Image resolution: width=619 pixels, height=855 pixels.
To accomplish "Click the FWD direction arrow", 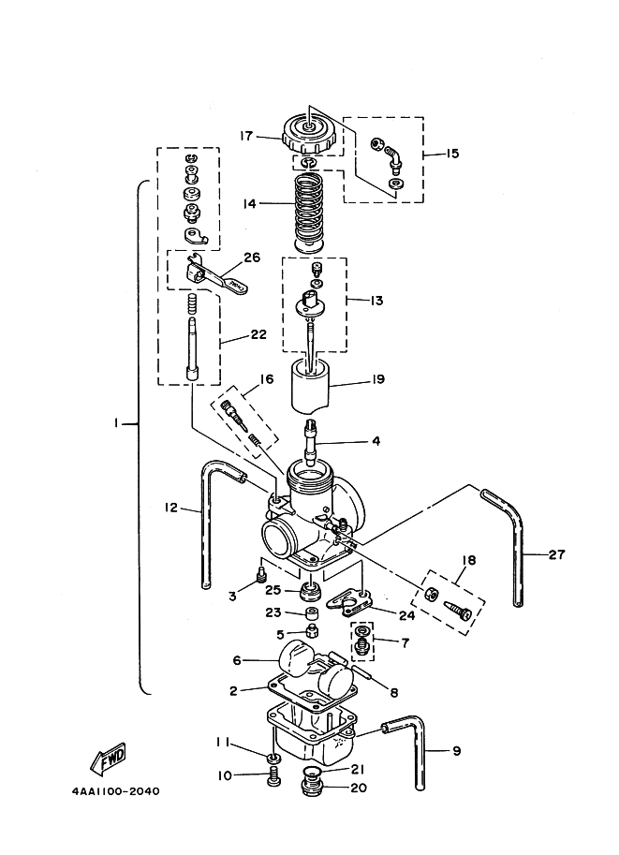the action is click(x=109, y=759).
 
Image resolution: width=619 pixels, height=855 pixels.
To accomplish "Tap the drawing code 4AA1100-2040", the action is click(x=115, y=790).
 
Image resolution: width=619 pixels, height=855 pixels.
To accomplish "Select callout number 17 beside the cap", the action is click(x=247, y=135).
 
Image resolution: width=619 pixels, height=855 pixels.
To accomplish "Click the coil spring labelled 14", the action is click(x=314, y=213).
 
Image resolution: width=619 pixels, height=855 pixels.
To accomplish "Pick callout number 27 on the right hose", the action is click(x=556, y=554).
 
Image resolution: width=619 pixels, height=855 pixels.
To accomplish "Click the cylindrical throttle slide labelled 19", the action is click(x=311, y=385).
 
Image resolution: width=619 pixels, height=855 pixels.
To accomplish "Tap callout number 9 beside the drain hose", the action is click(x=456, y=751).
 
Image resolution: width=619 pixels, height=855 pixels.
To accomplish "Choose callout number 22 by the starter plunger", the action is click(x=258, y=333).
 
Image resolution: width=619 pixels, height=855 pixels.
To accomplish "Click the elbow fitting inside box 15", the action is click(x=391, y=156).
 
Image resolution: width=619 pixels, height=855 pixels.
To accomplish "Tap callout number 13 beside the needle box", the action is click(x=376, y=300).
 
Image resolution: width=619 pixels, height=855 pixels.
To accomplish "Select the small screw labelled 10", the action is click(x=274, y=776).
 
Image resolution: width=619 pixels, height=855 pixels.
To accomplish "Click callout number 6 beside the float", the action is click(x=237, y=660).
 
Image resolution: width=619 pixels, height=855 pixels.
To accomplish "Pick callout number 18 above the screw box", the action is click(x=468, y=560).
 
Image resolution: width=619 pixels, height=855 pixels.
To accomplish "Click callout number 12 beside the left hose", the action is click(x=170, y=508).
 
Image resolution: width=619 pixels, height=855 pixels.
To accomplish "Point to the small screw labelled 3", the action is click(x=260, y=574).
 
